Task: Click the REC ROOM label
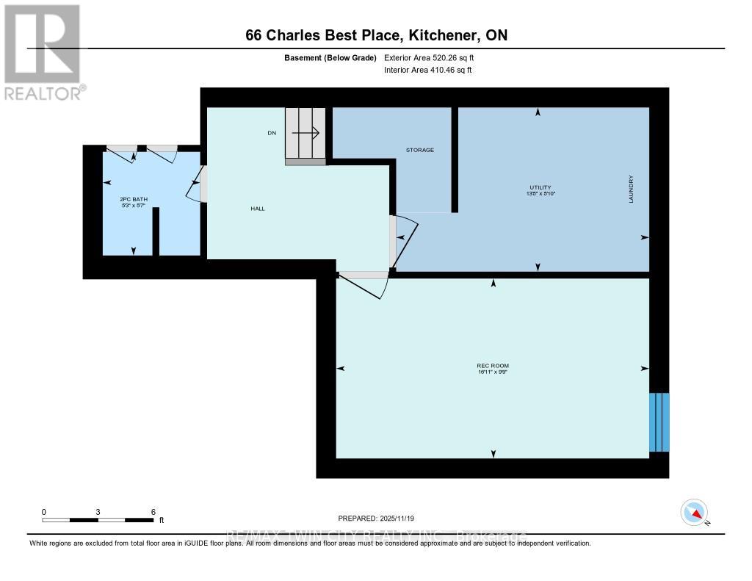(x=493, y=366)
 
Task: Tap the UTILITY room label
(x=540, y=187)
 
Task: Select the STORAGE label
(x=420, y=150)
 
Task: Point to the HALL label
(x=257, y=209)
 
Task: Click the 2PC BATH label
(x=129, y=199)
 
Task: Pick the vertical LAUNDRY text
(x=630, y=189)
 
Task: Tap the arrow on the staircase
(x=305, y=133)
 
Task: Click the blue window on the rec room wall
(x=659, y=422)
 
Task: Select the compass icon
(x=694, y=512)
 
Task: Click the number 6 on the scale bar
(x=153, y=511)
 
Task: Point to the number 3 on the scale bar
(x=98, y=511)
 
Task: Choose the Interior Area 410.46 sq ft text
(x=427, y=71)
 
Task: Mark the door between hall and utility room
(x=402, y=239)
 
